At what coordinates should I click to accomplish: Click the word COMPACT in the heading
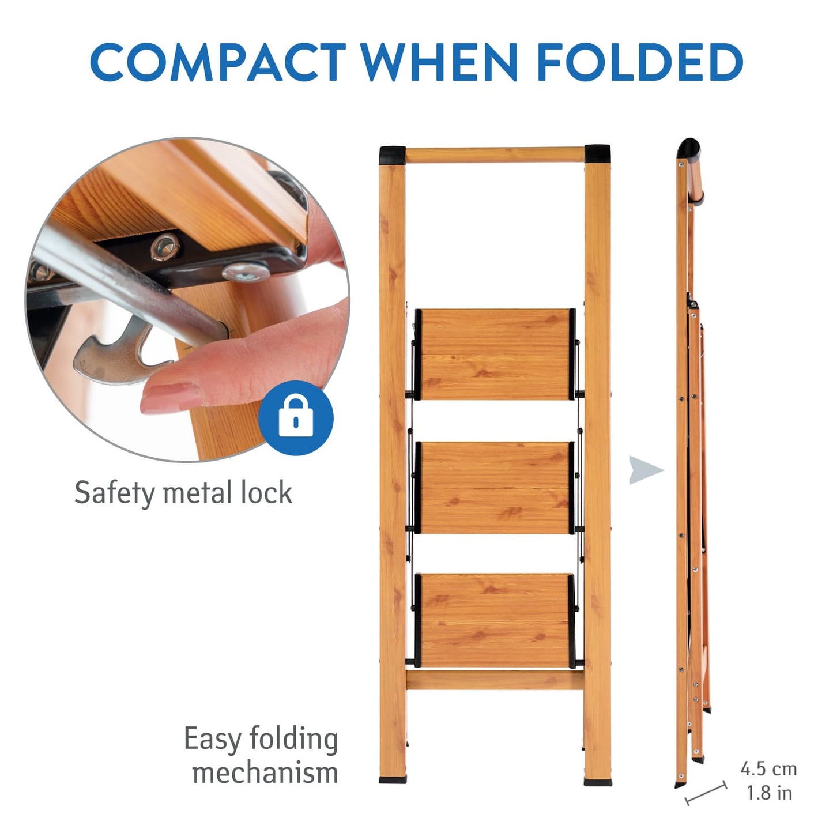pos(217,62)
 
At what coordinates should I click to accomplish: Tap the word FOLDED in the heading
pos(640,62)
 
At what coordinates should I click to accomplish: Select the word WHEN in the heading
pos(440,62)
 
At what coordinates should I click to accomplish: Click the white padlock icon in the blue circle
pos(296,417)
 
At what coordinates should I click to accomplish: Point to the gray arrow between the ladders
pos(646,470)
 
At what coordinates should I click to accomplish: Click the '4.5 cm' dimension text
pos(769,769)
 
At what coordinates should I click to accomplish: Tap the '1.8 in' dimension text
pos(770,793)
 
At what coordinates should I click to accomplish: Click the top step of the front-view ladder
pos(495,355)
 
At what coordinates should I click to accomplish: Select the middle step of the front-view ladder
pos(495,488)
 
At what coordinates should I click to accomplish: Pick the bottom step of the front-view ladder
pos(495,621)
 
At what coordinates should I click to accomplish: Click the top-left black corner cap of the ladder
pos(392,154)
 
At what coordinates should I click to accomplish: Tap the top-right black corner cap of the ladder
pos(598,154)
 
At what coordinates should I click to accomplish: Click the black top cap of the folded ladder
pos(689,148)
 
